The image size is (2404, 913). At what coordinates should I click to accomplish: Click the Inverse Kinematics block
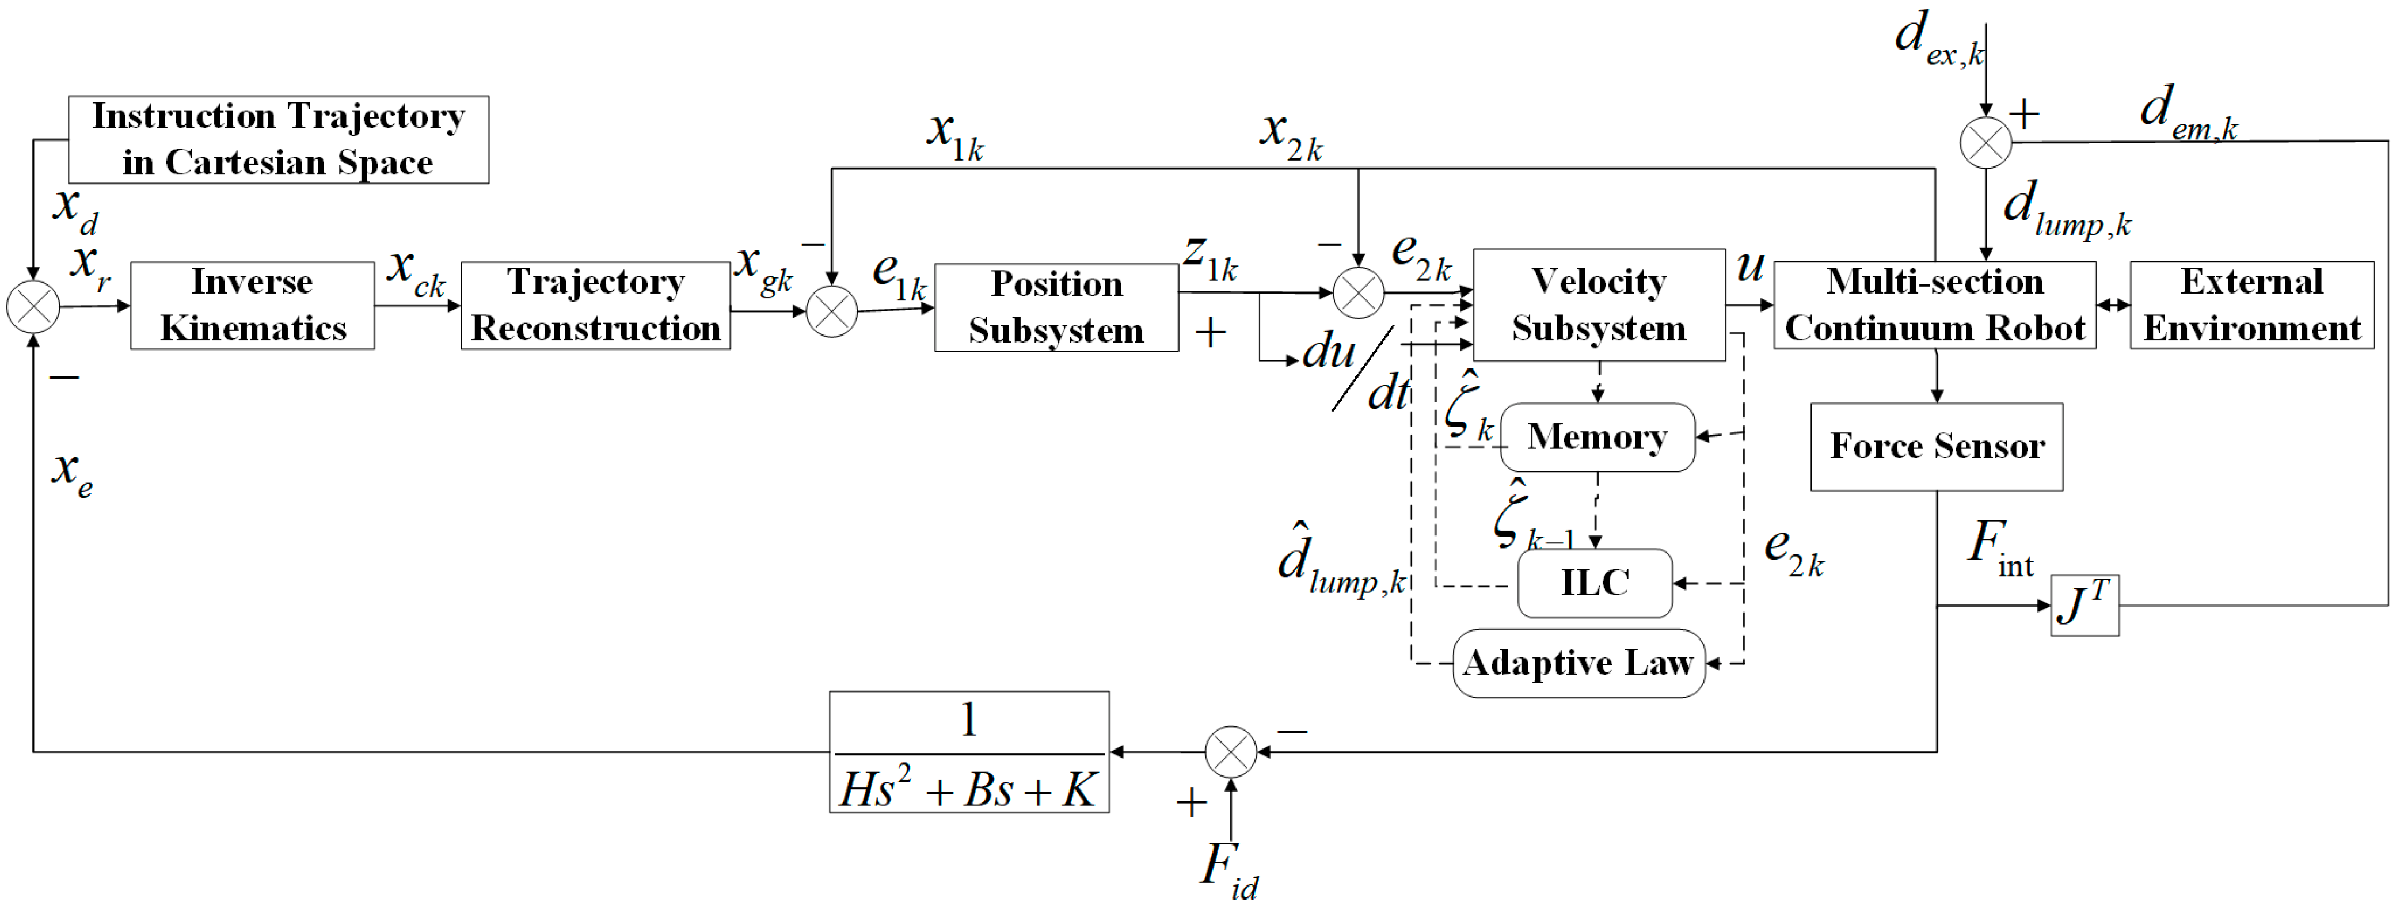252,305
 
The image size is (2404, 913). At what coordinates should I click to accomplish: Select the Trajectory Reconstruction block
595,305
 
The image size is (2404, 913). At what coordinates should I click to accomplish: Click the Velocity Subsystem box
1599,305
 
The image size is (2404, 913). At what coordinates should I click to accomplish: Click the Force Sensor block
1937,446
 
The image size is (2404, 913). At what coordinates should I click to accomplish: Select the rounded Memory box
1597,437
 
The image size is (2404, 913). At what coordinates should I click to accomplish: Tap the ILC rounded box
1594,583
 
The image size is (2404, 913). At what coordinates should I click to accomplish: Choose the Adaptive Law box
1578,663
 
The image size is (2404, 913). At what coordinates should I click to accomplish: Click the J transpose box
2084,605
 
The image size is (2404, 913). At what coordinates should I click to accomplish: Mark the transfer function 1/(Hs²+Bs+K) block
969,751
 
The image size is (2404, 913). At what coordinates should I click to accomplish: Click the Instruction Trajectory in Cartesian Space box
278,140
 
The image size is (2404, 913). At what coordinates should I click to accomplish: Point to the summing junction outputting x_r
33,306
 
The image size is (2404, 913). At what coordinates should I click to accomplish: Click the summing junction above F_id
1230,751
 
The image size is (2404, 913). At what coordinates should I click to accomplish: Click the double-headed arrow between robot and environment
2113,305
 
